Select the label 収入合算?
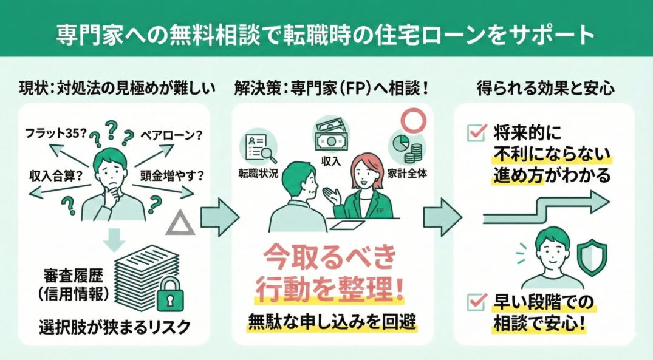[x=55, y=176]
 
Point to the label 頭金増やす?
[x=173, y=176]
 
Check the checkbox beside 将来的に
[x=476, y=132]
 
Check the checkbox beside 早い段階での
[x=476, y=300]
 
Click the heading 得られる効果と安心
[x=544, y=89]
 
